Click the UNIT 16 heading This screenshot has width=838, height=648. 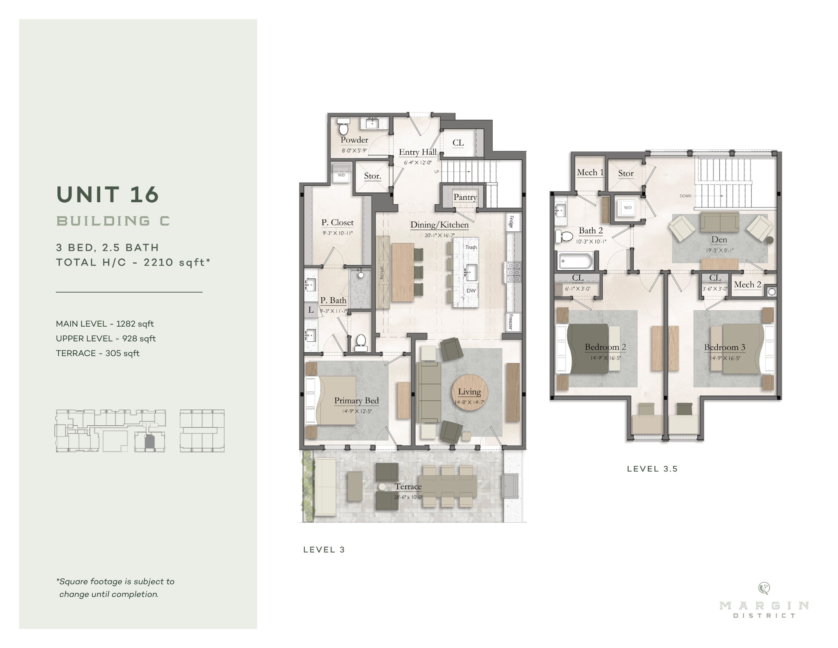[108, 194]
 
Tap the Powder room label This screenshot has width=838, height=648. [354, 140]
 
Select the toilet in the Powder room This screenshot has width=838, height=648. [343, 128]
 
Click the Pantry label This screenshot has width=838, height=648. [465, 197]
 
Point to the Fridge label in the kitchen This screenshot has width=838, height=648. [511, 222]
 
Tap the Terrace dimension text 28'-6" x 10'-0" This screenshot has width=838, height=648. [408, 497]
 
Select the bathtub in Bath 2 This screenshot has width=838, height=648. [575, 261]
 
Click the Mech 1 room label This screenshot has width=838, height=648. [590, 173]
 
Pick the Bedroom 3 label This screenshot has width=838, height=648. [724, 348]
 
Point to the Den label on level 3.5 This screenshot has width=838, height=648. [719, 240]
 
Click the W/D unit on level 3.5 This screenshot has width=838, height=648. [627, 208]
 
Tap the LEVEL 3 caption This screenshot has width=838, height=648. [324, 550]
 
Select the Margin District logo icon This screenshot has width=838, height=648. [764, 588]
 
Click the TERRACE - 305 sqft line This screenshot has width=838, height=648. [98, 353]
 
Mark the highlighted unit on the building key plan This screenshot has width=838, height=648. [150, 441]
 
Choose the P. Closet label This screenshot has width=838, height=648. [337, 223]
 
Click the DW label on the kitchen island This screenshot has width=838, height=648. [471, 291]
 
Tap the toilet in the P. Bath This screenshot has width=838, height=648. [361, 342]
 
